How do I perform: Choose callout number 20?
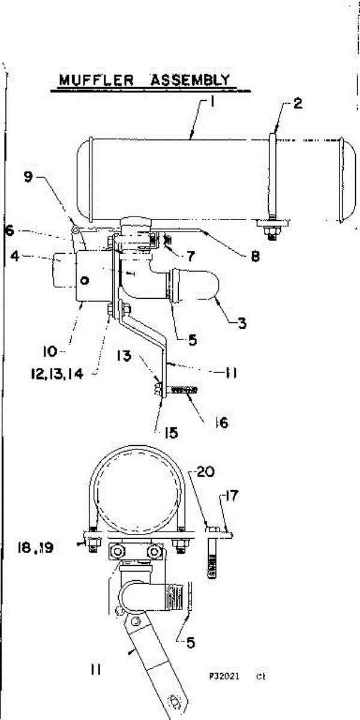205,472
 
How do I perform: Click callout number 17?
233,497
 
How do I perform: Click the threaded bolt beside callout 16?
184,391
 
